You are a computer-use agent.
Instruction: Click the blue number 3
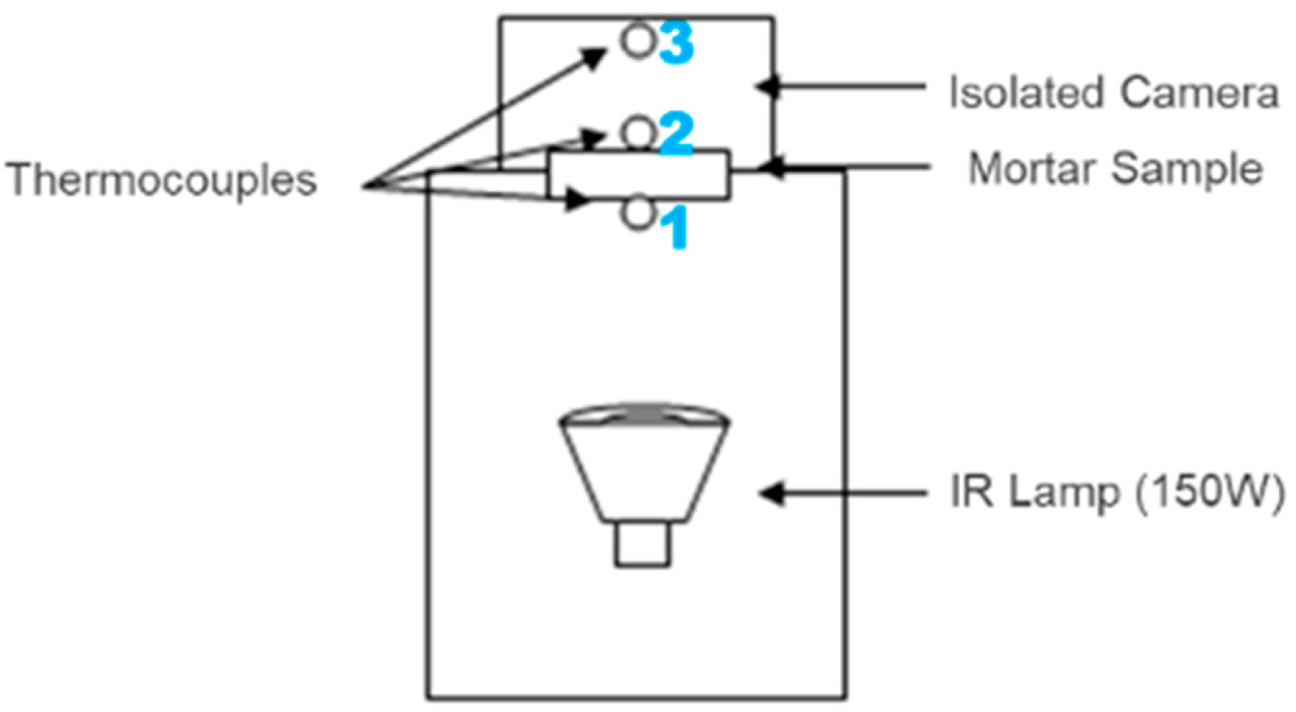pyautogui.click(x=676, y=43)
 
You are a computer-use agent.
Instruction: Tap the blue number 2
pyautogui.click(x=676, y=133)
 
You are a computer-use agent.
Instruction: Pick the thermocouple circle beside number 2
pyautogui.click(x=638, y=133)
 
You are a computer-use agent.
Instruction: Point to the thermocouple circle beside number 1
pyautogui.click(x=638, y=214)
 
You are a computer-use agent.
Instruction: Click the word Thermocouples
pyautogui.click(x=162, y=181)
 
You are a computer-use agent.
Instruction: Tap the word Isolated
pyautogui.click(x=1027, y=93)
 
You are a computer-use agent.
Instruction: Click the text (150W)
pyautogui.click(x=1209, y=493)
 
